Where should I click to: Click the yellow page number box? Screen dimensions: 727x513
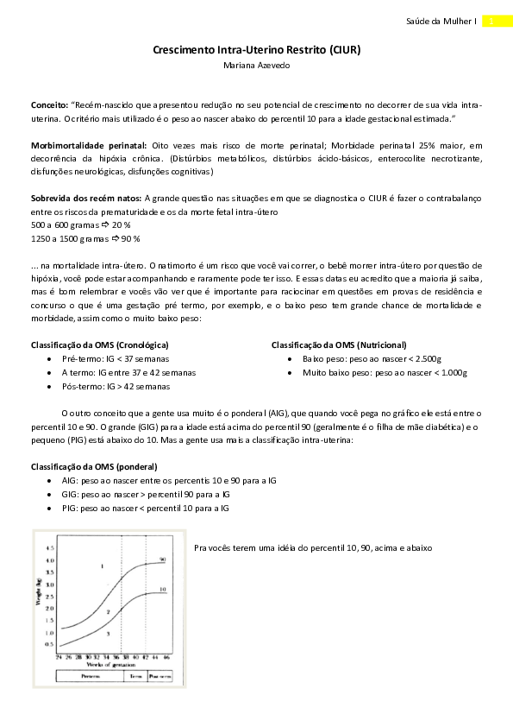tap(490, 21)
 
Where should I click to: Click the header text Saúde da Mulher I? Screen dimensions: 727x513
tap(440, 21)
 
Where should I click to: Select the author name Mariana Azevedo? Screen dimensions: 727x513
tap(256, 65)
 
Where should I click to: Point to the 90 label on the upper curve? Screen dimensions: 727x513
tap(161, 559)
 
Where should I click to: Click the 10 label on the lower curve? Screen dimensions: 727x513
tap(161, 590)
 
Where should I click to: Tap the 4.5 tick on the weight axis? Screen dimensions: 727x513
tap(50, 548)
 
